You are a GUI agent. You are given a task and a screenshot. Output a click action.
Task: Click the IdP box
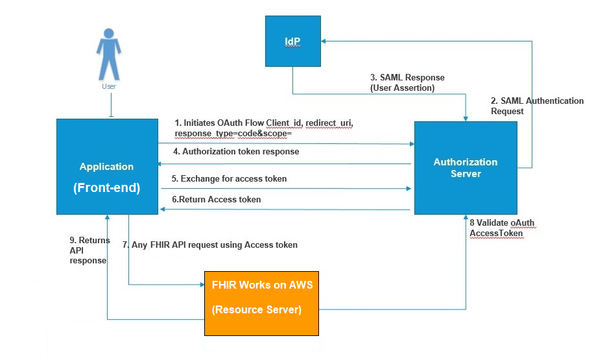point(293,42)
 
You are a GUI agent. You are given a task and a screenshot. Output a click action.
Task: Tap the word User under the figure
point(109,86)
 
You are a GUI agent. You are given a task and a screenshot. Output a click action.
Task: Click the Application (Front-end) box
point(107,167)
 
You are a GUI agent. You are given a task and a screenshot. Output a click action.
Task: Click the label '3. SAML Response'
point(407,77)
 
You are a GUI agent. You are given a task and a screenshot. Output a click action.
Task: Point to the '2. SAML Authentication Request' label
point(537,106)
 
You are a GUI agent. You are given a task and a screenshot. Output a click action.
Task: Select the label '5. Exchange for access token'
point(229,178)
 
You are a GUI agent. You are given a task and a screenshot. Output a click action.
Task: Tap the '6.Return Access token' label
point(216,199)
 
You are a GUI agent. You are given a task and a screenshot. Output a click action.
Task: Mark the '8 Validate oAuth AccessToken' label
point(503,228)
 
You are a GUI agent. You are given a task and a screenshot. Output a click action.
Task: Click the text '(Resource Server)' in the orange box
point(257,310)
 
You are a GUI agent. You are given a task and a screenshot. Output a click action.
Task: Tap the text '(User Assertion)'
point(402,88)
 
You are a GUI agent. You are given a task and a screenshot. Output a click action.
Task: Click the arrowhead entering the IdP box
point(326,42)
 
